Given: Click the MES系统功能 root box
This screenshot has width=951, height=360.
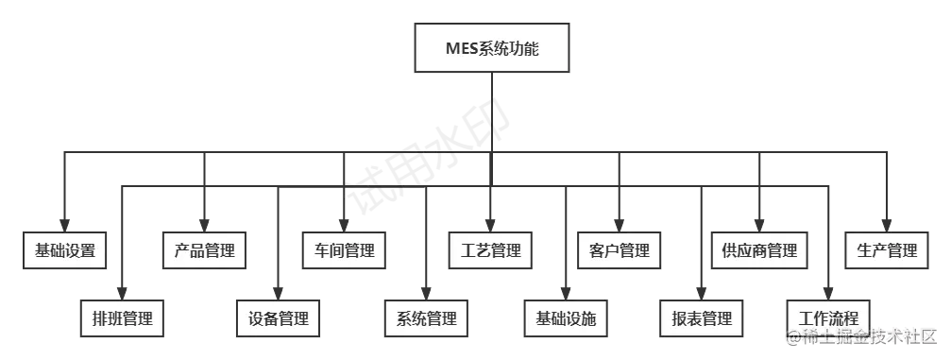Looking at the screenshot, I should point(493,48).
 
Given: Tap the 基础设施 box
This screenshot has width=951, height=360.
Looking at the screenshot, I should point(566,317).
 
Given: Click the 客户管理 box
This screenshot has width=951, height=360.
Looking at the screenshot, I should point(620,250).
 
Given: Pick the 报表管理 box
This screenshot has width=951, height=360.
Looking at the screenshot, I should point(696,317).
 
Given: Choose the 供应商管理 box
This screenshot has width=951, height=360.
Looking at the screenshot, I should point(759,250).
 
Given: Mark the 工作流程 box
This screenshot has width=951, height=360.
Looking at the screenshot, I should point(828,317).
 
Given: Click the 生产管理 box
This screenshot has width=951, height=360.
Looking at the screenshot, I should point(887,250).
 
